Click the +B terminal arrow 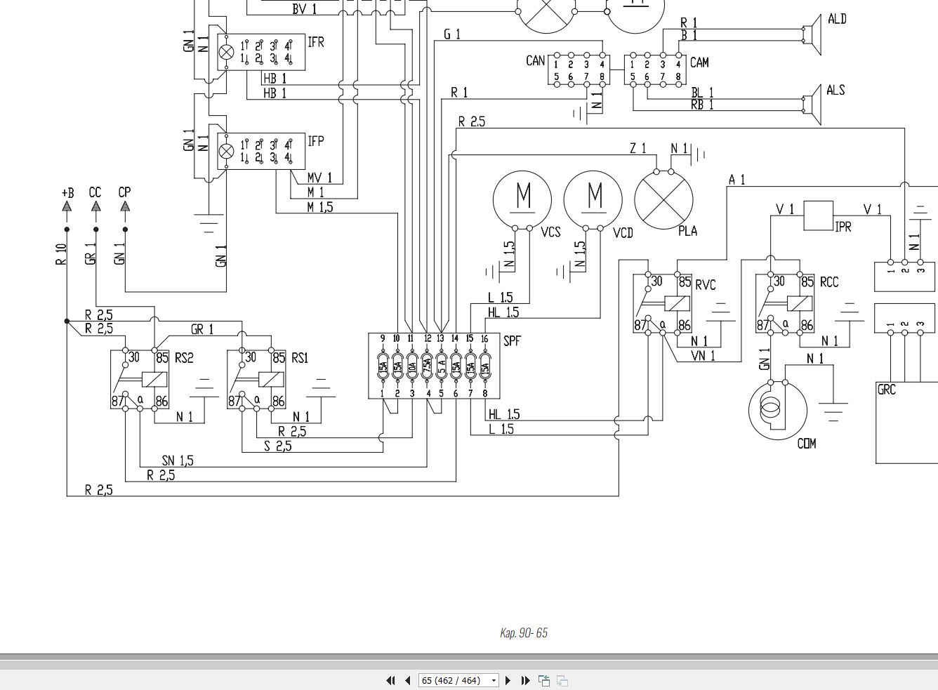click(x=67, y=206)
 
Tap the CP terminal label click(x=125, y=192)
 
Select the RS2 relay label click(x=184, y=358)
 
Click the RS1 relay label click(x=300, y=358)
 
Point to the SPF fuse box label click(x=512, y=341)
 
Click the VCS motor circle click(x=522, y=200)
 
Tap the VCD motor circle click(x=593, y=200)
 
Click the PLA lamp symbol click(x=663, y=200)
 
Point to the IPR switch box click(x=818, y=215)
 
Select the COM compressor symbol click(x=778, y=411)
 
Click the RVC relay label click(x=706, y=285)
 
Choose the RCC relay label click(x=829, y=282)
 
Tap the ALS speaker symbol click(x=813, y=105)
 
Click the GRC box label click(x=887, y=390)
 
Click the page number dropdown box click(x=458, y=680)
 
